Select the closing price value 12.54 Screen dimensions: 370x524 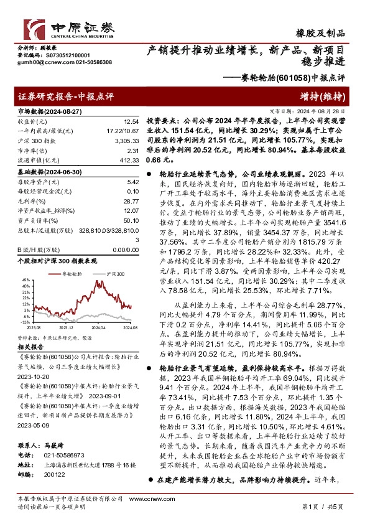click(131, 121)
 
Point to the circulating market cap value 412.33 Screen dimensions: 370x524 click(129, 161)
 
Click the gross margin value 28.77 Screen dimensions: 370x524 click(131, 202)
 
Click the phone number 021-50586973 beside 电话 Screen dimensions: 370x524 click(57, 437)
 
